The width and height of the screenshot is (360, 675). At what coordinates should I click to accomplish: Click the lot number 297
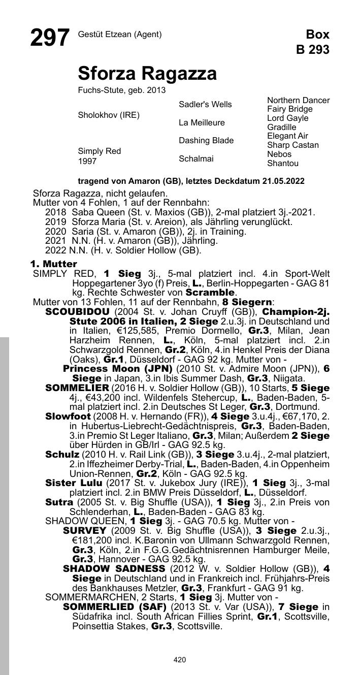coord(50,38)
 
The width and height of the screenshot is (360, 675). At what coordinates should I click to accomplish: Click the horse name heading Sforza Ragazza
coord(147,74)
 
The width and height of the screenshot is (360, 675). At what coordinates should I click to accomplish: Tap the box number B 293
coord(313,50)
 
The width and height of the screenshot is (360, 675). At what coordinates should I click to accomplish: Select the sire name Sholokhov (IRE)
coord(108,115)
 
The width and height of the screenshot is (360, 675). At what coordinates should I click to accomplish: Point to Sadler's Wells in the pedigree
coord(205,105)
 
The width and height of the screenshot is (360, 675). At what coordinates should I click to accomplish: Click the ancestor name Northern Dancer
coord(298,101)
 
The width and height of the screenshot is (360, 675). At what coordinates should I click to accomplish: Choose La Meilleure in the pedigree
coord(202,123)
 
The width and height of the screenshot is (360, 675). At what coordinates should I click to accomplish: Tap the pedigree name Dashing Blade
coord(206,141)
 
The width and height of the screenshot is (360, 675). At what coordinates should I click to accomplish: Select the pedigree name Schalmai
coord(196,159)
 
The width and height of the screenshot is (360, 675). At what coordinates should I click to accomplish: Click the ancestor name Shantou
coord(283,164)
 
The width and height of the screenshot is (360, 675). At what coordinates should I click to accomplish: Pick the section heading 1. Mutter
coord(53,264)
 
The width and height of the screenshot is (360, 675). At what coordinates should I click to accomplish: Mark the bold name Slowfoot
coord(68,416)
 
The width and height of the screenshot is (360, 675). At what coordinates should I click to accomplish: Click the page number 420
coord(180,660)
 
